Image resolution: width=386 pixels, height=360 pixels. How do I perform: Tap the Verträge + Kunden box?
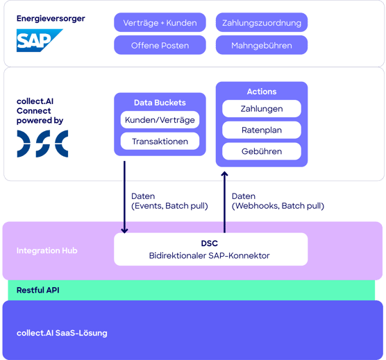[160, 23]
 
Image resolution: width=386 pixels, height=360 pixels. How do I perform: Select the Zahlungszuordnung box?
[262, 23]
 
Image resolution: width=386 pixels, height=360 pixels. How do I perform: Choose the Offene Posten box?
[160, 46]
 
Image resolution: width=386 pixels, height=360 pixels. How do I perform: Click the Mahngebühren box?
[262, 46]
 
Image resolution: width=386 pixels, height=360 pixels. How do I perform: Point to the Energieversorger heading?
[51, 19]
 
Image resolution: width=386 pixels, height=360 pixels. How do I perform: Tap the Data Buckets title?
[160, 103]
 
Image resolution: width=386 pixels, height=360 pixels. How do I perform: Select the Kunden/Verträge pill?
[160, 120]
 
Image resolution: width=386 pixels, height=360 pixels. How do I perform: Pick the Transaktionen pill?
[160, 142]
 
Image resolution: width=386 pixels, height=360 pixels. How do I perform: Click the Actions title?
[262, 92]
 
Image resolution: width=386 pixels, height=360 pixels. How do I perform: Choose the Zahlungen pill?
[262, 109]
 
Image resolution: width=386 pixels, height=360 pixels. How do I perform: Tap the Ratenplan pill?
[262, 130]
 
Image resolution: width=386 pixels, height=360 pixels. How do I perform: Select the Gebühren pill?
[262, 151]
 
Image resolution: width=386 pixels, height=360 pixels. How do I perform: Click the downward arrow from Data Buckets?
[125, 198]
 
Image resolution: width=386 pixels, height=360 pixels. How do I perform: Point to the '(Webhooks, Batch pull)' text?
[278, 206]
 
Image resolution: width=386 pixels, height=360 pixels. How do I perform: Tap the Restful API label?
[37, 290]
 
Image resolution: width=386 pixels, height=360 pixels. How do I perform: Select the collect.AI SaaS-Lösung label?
[62, 334]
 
